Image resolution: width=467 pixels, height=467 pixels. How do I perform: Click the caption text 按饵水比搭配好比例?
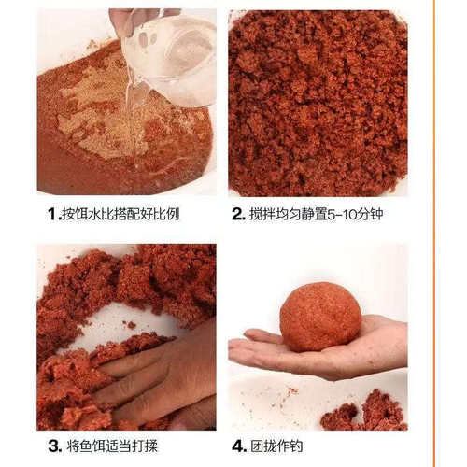point(120,214)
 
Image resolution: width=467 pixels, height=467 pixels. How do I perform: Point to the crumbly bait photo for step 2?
point(318,103)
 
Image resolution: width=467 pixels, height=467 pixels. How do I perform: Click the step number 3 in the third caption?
point(54,447)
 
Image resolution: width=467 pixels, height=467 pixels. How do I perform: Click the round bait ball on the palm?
point(320,317)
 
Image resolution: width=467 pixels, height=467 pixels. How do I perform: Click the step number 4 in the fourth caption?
point(238,447)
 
